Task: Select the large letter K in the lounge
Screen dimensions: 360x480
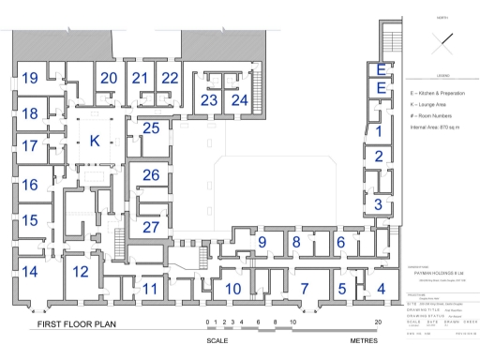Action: pos(94,141)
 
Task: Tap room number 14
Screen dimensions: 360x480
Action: pos(29,272)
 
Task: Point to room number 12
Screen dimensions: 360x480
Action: pos(81,272)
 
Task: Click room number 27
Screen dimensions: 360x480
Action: pos(150,228)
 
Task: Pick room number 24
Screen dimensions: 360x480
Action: pos(240,99)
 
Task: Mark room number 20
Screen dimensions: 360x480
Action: pos(109,78)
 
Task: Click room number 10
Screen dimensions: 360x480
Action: pos(233,288)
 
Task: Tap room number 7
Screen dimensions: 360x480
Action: pos(303,288)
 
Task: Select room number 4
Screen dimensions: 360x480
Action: pos(380,288)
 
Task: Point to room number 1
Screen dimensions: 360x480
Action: pos(378,133)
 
